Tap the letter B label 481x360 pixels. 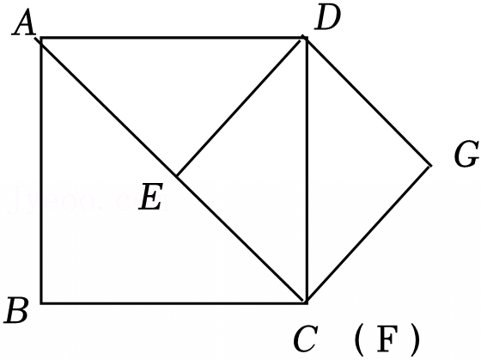17,310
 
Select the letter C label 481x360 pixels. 305,339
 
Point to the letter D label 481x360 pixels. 327,18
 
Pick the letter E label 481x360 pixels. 150,197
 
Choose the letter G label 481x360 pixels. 466,154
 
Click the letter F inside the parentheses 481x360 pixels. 387,339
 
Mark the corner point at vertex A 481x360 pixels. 41,38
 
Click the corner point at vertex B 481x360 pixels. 41,303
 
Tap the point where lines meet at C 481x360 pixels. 307,302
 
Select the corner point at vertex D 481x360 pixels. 307,38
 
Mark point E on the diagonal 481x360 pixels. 176,176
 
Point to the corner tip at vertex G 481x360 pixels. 431,166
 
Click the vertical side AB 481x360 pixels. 41,170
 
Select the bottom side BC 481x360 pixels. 174,303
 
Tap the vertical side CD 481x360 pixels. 307,170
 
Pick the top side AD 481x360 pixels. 174,38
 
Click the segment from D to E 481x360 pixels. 240,107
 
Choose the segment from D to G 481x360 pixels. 368,101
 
